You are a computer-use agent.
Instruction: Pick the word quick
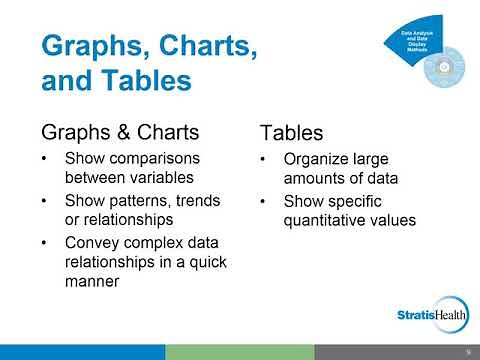click(198, 263)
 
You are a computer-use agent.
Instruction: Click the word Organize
click(316, 158)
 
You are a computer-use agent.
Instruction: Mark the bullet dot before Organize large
click(262, 159)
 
